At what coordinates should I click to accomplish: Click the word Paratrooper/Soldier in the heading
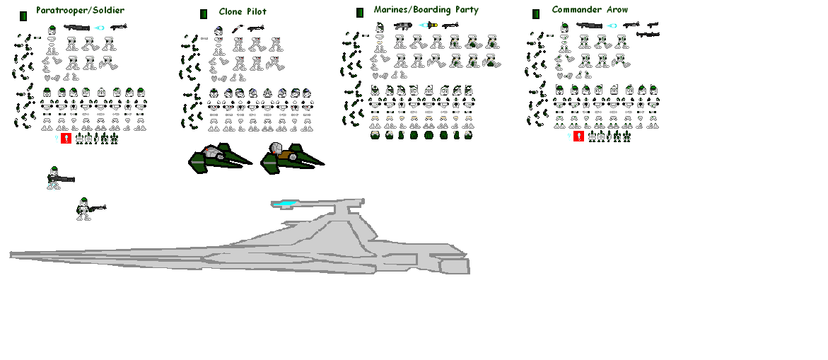[80, 11]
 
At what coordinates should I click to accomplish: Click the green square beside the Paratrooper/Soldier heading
[23, 15]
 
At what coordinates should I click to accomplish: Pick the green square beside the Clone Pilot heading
[204, 14]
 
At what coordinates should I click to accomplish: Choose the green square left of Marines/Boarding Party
[360, 12]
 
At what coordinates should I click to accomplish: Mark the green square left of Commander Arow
[536, 13]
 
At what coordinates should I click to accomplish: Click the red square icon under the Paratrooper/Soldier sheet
[66, 139]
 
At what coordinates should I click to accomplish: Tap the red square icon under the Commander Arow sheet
[578, 136]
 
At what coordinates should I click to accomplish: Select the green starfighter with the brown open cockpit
[290, 157]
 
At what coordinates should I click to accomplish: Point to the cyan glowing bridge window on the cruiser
[286, 204]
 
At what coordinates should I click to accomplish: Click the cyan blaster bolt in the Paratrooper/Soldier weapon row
[100, 28]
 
